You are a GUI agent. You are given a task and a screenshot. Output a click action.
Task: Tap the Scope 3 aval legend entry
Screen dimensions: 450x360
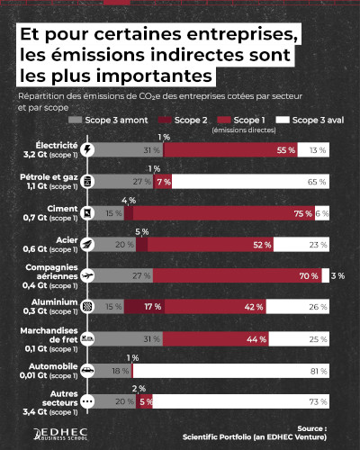(x=310, y=119)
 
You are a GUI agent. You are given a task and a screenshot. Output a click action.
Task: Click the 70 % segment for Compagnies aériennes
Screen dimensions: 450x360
(x=240, y=275)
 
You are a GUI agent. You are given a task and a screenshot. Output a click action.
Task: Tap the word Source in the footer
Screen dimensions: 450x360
(x=311, y=428)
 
